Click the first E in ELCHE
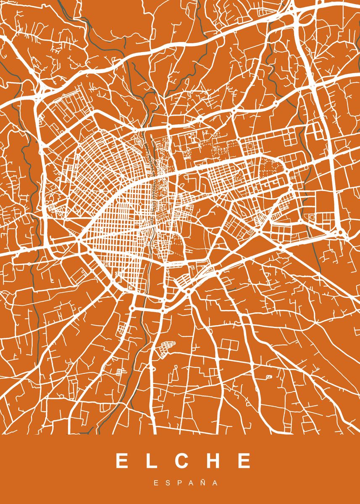coord(122,461)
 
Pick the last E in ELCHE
coord(243,461)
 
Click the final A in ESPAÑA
coord(215,483)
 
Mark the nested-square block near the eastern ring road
coord(312,218)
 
